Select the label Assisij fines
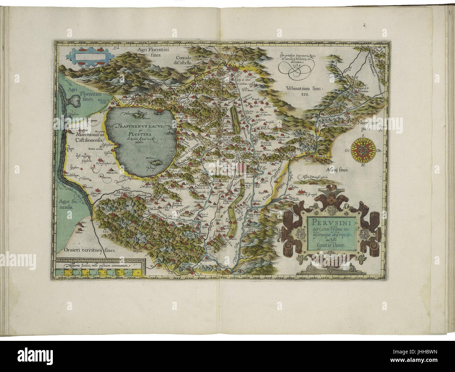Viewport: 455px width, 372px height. point(336,170)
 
